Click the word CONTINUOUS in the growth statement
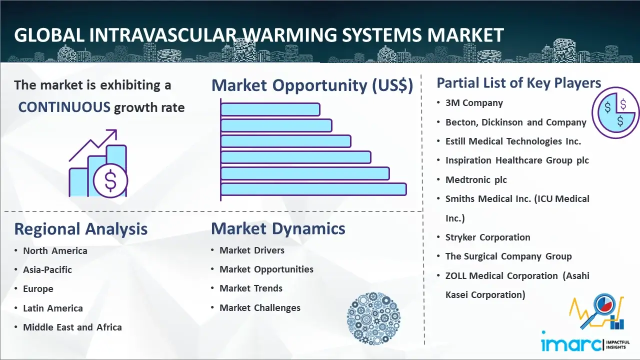tap(64, 107)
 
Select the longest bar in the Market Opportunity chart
tap(313, 189)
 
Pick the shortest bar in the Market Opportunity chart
tap(270, 109)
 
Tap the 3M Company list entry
tap(474, 103)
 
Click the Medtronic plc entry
tap(476, 179)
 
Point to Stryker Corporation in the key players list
tap(487, 237)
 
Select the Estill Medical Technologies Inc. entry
tap(513, 141)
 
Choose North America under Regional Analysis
tap(55, 250)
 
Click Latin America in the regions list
tap(53, 308)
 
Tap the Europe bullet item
tap(38, 289)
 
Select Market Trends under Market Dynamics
tap(251, 288)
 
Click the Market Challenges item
tap(259, 307)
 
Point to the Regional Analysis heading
tap(81, 229)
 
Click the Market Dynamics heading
tap(278, 228)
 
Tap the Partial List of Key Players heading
tap(519, 83)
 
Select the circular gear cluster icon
tap(373, 318)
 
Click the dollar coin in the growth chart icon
tap(110, 181)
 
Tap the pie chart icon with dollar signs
tap(615, 113)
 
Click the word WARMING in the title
tap(290, 35)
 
